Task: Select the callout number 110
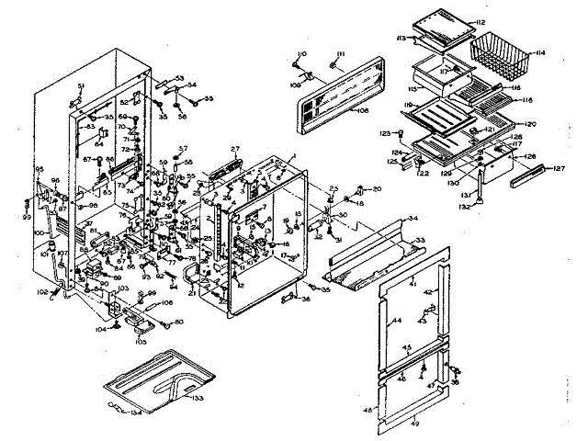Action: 300,54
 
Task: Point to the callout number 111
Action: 338,55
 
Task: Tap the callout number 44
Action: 398,320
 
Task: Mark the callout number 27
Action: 234,149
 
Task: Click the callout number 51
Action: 80,85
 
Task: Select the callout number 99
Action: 27,216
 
